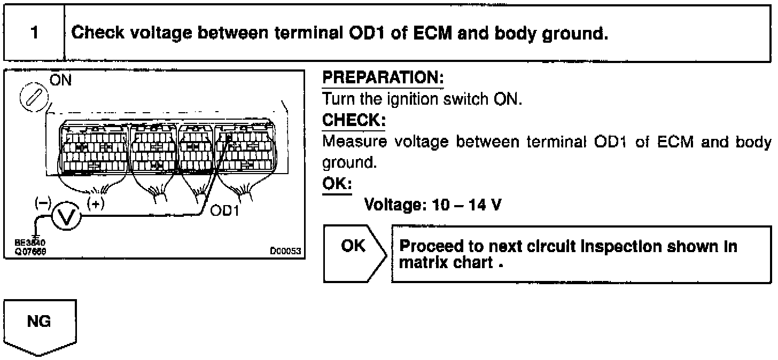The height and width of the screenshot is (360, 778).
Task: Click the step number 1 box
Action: (x=34, y=34)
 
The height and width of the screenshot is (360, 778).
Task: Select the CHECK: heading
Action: (x=353, y=121)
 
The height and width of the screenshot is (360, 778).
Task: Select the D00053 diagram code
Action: (x=286, y=249)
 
